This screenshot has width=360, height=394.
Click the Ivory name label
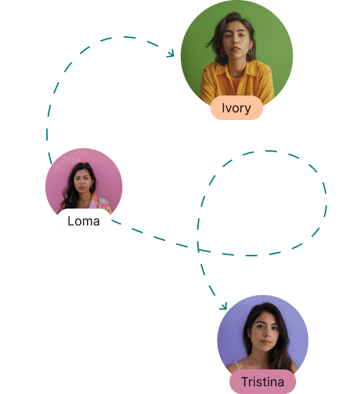(236, 107)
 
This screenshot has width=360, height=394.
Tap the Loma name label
(84, 221)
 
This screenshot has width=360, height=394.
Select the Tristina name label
(262, 381)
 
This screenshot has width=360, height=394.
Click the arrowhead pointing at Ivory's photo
(171, 53)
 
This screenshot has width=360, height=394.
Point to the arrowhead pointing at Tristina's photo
(223, 306)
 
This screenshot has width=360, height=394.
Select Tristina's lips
(266, 342)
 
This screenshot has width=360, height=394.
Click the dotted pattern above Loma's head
(72, 157)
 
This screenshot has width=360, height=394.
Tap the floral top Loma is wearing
(100, 202)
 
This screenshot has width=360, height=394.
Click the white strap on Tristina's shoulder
(236, 366)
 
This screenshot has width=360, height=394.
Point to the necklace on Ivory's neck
(236, 74)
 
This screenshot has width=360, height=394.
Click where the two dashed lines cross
(199, 249)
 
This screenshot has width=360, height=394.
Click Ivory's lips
(235, 48)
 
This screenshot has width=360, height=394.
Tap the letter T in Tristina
(245, 381)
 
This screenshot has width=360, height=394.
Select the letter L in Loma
(71, 221)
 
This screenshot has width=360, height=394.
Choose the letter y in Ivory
(247, 110)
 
